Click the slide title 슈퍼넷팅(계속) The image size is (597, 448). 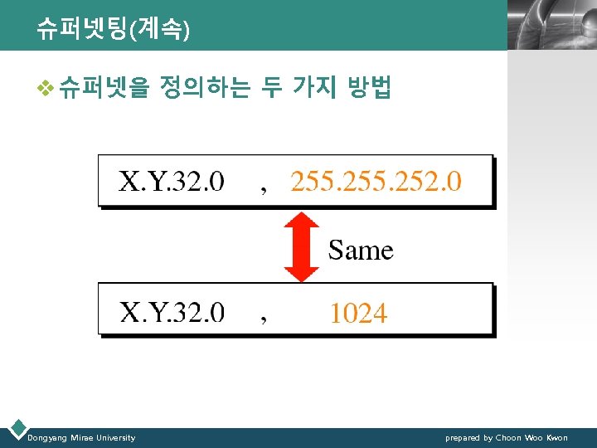tap(113, 31)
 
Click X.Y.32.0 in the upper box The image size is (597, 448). tap(172, 181)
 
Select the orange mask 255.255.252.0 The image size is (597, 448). tap(376, 181)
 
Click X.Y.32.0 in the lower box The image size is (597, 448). tap(172, 312)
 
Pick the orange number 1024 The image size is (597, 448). tap(358, 313)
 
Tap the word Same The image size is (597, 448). tap(361, 250)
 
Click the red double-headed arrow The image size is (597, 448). tap(301, 247)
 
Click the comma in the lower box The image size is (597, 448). tap(264, 320)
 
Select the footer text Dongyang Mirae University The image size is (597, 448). tap(81, 437)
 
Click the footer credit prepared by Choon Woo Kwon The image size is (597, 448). tap(506, 437)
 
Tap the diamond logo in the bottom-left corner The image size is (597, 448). tap(16, 429)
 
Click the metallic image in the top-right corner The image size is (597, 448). tap(551, 25)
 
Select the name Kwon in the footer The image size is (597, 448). tap(557, 437)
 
